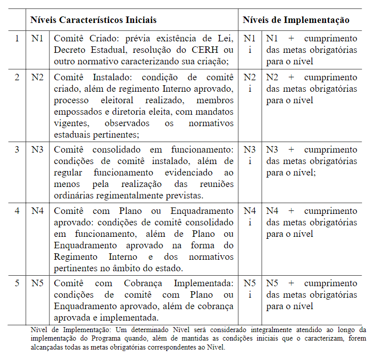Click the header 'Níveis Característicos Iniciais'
coord(94,20)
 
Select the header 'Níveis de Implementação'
coord(296,20)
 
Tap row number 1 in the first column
coord(17,38)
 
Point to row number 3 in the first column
coord(17,150)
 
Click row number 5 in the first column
coord(17,283)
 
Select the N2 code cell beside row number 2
coord(38,77)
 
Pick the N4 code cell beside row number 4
coord(38,211)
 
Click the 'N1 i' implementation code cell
coord(250,44)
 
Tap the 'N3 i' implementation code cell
coord(250,155)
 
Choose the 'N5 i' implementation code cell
coord(250,289)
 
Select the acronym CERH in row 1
coord(210,50)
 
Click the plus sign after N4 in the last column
coord(291,211)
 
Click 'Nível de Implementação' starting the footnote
coord(67,330)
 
